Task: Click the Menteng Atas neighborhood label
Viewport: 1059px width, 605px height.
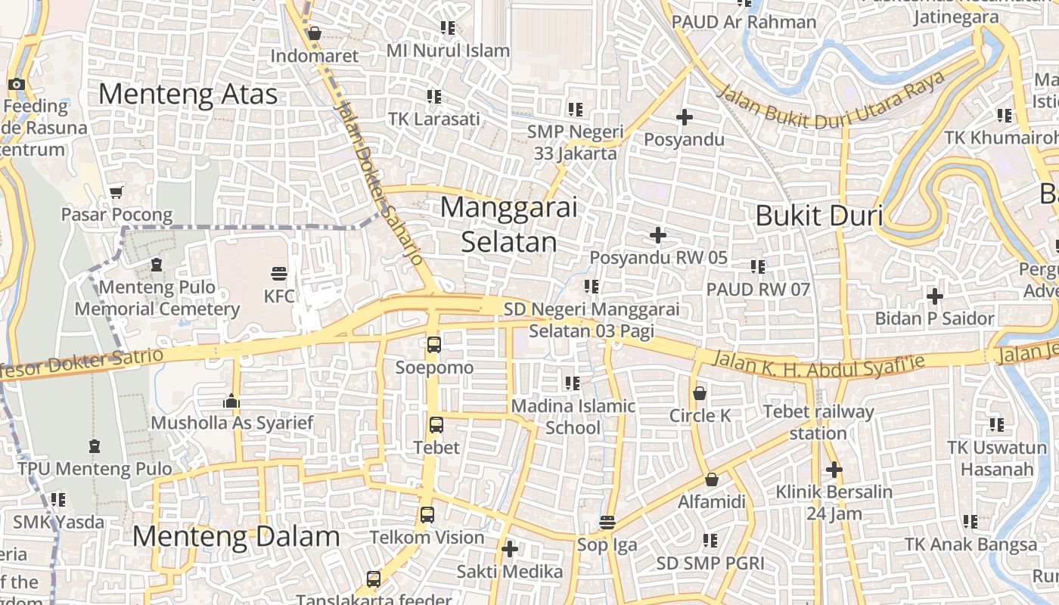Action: pos(188,95)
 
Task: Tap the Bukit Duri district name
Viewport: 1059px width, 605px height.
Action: pos(819,216)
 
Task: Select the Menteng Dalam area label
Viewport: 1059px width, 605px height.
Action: pos(236,537)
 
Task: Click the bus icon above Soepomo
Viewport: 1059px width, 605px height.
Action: pos(434,345)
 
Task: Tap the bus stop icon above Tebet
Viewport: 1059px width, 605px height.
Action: pos(436,424)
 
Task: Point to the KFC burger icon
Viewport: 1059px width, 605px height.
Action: pos(279,273)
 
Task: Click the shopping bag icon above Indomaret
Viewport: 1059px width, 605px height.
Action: pos(314,33)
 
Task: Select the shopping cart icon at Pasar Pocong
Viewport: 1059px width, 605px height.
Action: pos(116,192)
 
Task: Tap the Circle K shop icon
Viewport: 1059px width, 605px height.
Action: pos(700,393)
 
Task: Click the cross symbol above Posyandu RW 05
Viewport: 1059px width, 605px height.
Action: pos(658,235)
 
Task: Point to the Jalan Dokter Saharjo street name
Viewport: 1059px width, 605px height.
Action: pos(377,181)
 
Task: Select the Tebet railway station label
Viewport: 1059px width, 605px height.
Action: pos(818,423)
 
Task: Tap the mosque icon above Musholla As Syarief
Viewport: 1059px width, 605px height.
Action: pos(231,401)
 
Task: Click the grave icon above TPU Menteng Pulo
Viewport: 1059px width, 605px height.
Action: pos(95,446)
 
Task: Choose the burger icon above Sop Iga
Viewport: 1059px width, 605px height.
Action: pos(607,523)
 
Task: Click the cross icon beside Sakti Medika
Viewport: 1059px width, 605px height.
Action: pos(510,548)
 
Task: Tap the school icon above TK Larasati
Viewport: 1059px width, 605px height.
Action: pos(433,97)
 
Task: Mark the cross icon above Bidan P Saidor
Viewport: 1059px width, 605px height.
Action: pos(935,296)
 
